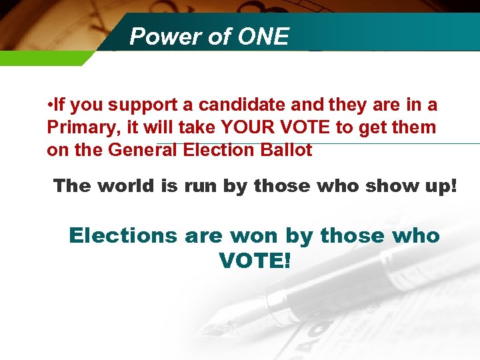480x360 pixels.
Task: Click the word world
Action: [127, 186]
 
